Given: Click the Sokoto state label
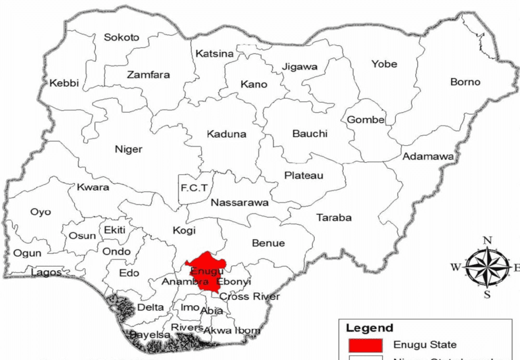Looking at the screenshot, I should pyautogui.click(x=122, y=38).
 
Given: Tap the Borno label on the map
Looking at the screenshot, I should pyautogui.click(x=465, y=82).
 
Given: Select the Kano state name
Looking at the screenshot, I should pyautogui.click(x=254, y=84).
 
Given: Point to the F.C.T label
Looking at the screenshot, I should pyautogui.click(x=193, y=187).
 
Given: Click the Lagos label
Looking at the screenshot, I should pyautogui.click(x=46, y=273).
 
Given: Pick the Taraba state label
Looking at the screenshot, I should pyautogui.click(x=334, y=217).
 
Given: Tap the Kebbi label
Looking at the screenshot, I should pyautogui.click(x=64, y=84).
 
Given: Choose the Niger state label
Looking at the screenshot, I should pyautogui.click(x=128, y=149).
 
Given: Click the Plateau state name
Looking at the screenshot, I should pyautogui.click(x=303, y=176).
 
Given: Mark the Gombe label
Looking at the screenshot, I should pyautogui.click(x=365, y=120).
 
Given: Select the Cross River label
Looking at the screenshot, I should pyautogui.click(x=250, y=297).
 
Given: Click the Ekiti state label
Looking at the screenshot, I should pyautogui.click(x=115, y=230).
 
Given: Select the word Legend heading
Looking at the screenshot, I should pyautogui.click(x=369, y=328).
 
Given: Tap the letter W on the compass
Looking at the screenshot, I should pyautogui.click(x=456, y=267).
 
